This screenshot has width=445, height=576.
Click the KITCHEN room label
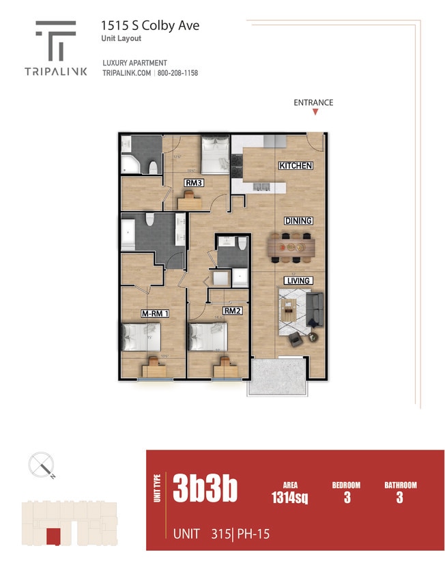296,166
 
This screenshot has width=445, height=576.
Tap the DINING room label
298,220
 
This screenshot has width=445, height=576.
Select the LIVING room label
298,280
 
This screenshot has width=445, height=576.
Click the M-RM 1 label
154,313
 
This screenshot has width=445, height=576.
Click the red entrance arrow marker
315,113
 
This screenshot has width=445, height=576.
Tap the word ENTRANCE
313,102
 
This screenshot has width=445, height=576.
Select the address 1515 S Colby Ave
150,25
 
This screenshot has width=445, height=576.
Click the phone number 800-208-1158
178,73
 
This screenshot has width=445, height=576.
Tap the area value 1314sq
290,498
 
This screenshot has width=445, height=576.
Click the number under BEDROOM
347,498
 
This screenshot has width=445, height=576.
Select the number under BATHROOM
399,498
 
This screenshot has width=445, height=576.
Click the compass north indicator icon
42,467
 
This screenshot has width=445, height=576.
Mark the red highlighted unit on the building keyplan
52,536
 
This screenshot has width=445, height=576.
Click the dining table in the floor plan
293,247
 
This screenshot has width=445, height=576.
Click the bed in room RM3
216,154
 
